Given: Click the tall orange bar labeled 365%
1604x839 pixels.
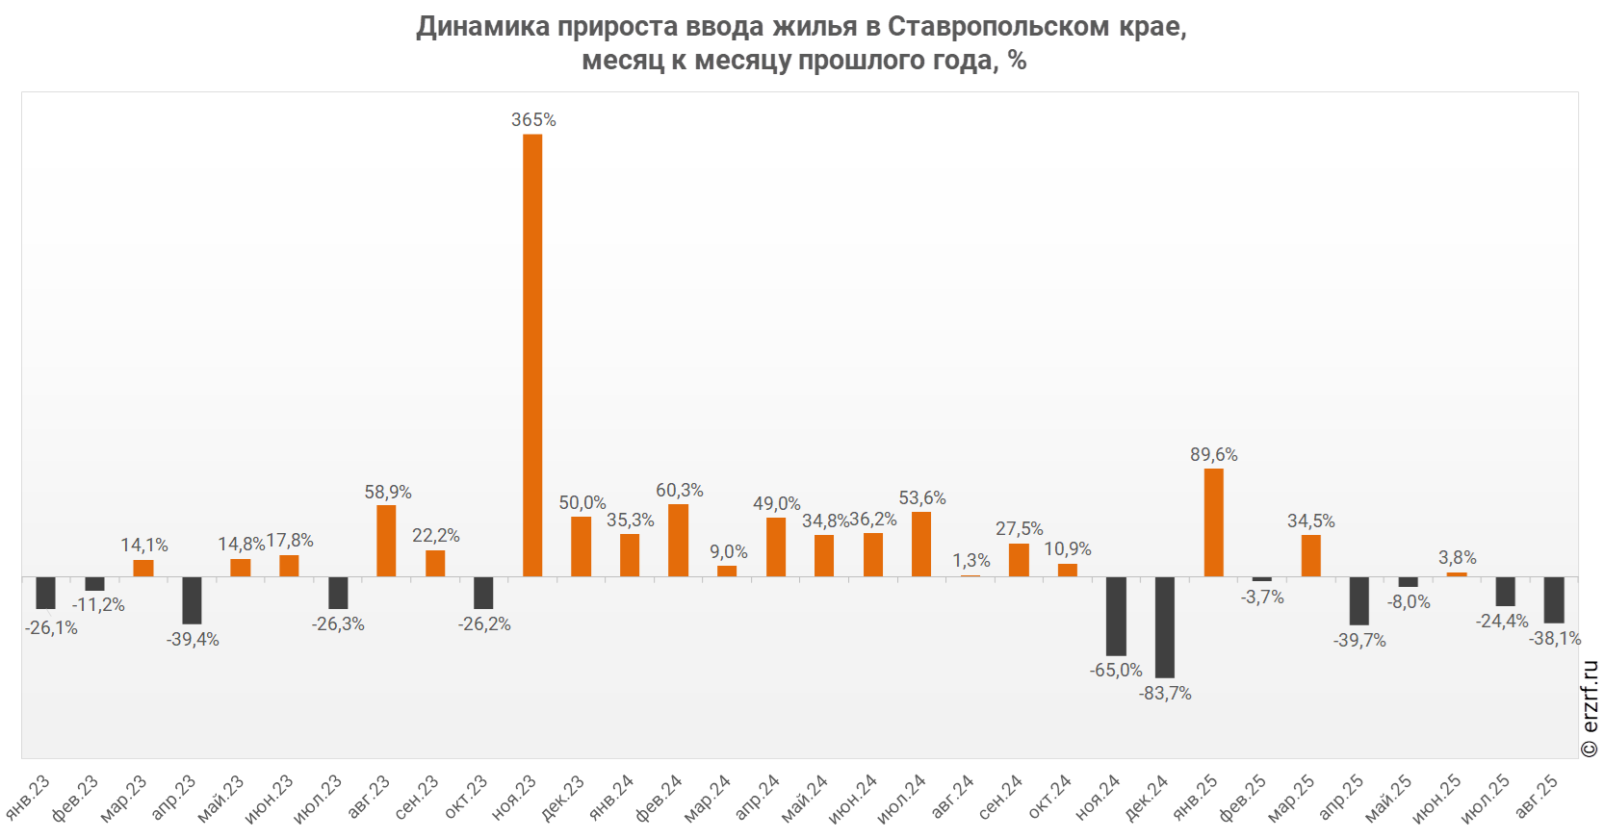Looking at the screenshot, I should coord(532,355).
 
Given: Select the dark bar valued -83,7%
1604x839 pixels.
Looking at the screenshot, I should coord(1165,626).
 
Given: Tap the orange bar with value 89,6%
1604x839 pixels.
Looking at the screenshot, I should coord(1214,522).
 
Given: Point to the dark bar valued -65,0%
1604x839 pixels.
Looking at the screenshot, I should coord(1116,616).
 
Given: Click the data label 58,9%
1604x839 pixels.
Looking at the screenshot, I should coord(388,493).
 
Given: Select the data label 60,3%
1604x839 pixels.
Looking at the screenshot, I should coord(680,491).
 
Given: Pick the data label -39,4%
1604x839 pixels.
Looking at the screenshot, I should coord(193,640).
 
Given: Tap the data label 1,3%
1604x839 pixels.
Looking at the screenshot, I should coord(971,561).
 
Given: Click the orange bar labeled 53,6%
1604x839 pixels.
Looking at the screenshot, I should coord(921,544).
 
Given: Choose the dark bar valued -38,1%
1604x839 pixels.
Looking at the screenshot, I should coord(1554,599).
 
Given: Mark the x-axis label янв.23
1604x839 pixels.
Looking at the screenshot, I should coord(28,798).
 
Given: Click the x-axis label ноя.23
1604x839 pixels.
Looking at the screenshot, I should coord(514,798).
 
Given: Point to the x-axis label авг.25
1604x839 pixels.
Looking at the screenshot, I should coord(1537,798).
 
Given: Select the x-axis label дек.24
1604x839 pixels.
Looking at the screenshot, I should coord(1147,798).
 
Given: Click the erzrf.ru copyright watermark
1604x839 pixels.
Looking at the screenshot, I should coord(1590,708).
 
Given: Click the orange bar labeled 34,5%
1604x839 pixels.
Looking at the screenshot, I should coord(1311,555).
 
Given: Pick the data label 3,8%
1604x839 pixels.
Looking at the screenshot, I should coord(1458,558).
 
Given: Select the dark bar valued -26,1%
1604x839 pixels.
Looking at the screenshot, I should coord(45,593).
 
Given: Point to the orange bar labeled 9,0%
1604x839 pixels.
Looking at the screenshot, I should coord(727,571).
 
